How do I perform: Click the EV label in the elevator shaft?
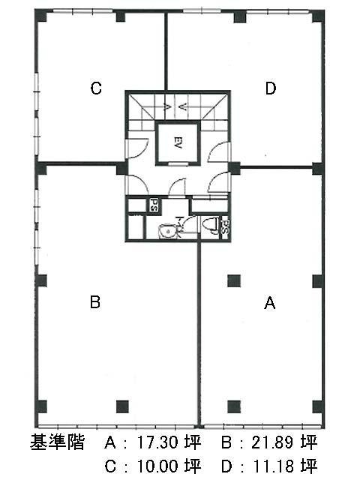point(177,143)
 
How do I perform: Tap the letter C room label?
point(96,88)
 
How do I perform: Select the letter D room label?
point(271,88)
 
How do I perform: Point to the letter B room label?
point(95,301)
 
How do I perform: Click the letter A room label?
point(270,303)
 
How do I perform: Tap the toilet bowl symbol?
point(211,226)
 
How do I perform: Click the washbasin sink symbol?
point(166,231)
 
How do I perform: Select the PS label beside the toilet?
point(225,226)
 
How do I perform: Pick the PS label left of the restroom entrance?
point(154,205)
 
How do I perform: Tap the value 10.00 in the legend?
point(157,466)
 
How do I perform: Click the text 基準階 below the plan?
point(57,442)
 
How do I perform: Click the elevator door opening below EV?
point(178,163)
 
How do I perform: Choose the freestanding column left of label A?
point(234,281)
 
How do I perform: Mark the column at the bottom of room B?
point(122,406)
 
